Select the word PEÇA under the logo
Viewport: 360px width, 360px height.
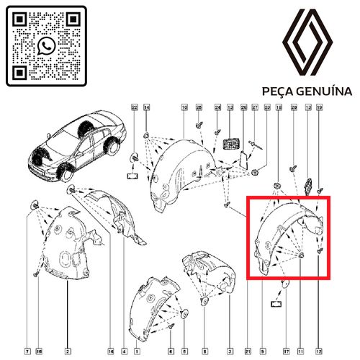[x=280, y=92]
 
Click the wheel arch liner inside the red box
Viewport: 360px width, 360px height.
[x=284, y=234]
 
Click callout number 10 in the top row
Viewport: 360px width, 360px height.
[x=184, y=107]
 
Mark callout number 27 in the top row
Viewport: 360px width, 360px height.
[x=254, y=107]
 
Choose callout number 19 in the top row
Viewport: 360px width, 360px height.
[x=320, y=107]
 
